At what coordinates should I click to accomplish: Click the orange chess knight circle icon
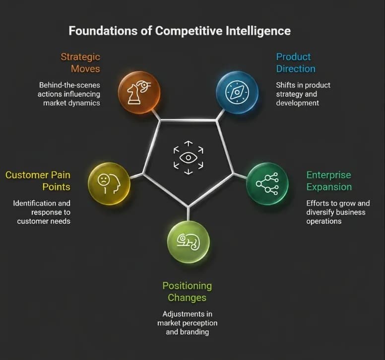tap(139, 92)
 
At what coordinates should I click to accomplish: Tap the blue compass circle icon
tap(237, 92)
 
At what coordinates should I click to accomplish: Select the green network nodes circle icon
tap(267, 184)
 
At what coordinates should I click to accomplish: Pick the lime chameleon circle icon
tap(189, 242)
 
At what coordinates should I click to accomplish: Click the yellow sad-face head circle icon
tap(109, 184)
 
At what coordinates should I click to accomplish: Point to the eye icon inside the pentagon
tap(189, 157)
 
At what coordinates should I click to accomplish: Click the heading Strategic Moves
tap(80, 63)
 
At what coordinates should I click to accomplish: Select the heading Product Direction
tap(296, 63)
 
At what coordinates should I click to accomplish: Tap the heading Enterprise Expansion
tap(329, 181)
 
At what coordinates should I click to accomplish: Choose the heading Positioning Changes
tap(187, 291)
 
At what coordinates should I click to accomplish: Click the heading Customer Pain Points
tap(38, 181)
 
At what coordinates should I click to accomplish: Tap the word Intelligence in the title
tap(258, 31)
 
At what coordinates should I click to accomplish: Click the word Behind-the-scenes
tap(70, 85)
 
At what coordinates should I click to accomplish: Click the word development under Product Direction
tap(298, 103)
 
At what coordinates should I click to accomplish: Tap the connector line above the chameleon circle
tap(189, 214)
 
